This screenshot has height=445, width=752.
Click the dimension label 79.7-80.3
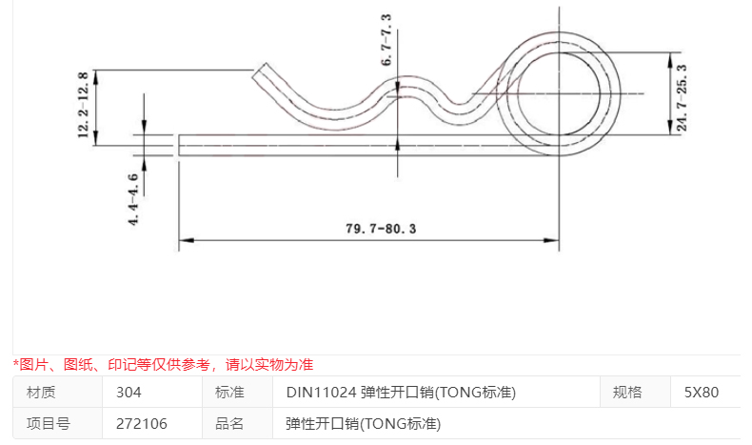click(x=367, y=229)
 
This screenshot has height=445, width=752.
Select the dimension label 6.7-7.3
click(x=386, y=40)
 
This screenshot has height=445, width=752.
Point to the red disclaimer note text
click(x=163, y=364)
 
